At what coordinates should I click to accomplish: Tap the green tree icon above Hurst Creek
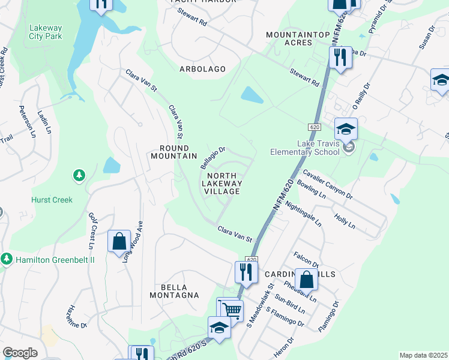[x=78, y=176]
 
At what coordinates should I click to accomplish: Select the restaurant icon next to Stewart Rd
[x=340, y=58]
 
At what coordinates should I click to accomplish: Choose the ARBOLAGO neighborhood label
[x=202, y=69]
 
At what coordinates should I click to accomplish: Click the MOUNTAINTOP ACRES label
[x=298, y=39]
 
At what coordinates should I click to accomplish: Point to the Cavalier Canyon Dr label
[x=327, y=183]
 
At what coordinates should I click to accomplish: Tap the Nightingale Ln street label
[x=304, y=214]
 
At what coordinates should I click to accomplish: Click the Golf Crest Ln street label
[x=92, y=230]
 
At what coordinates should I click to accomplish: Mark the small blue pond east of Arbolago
[x=252, y=95]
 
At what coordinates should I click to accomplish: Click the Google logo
[x=20, y=353]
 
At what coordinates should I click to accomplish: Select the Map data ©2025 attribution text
[x=423, y=355]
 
